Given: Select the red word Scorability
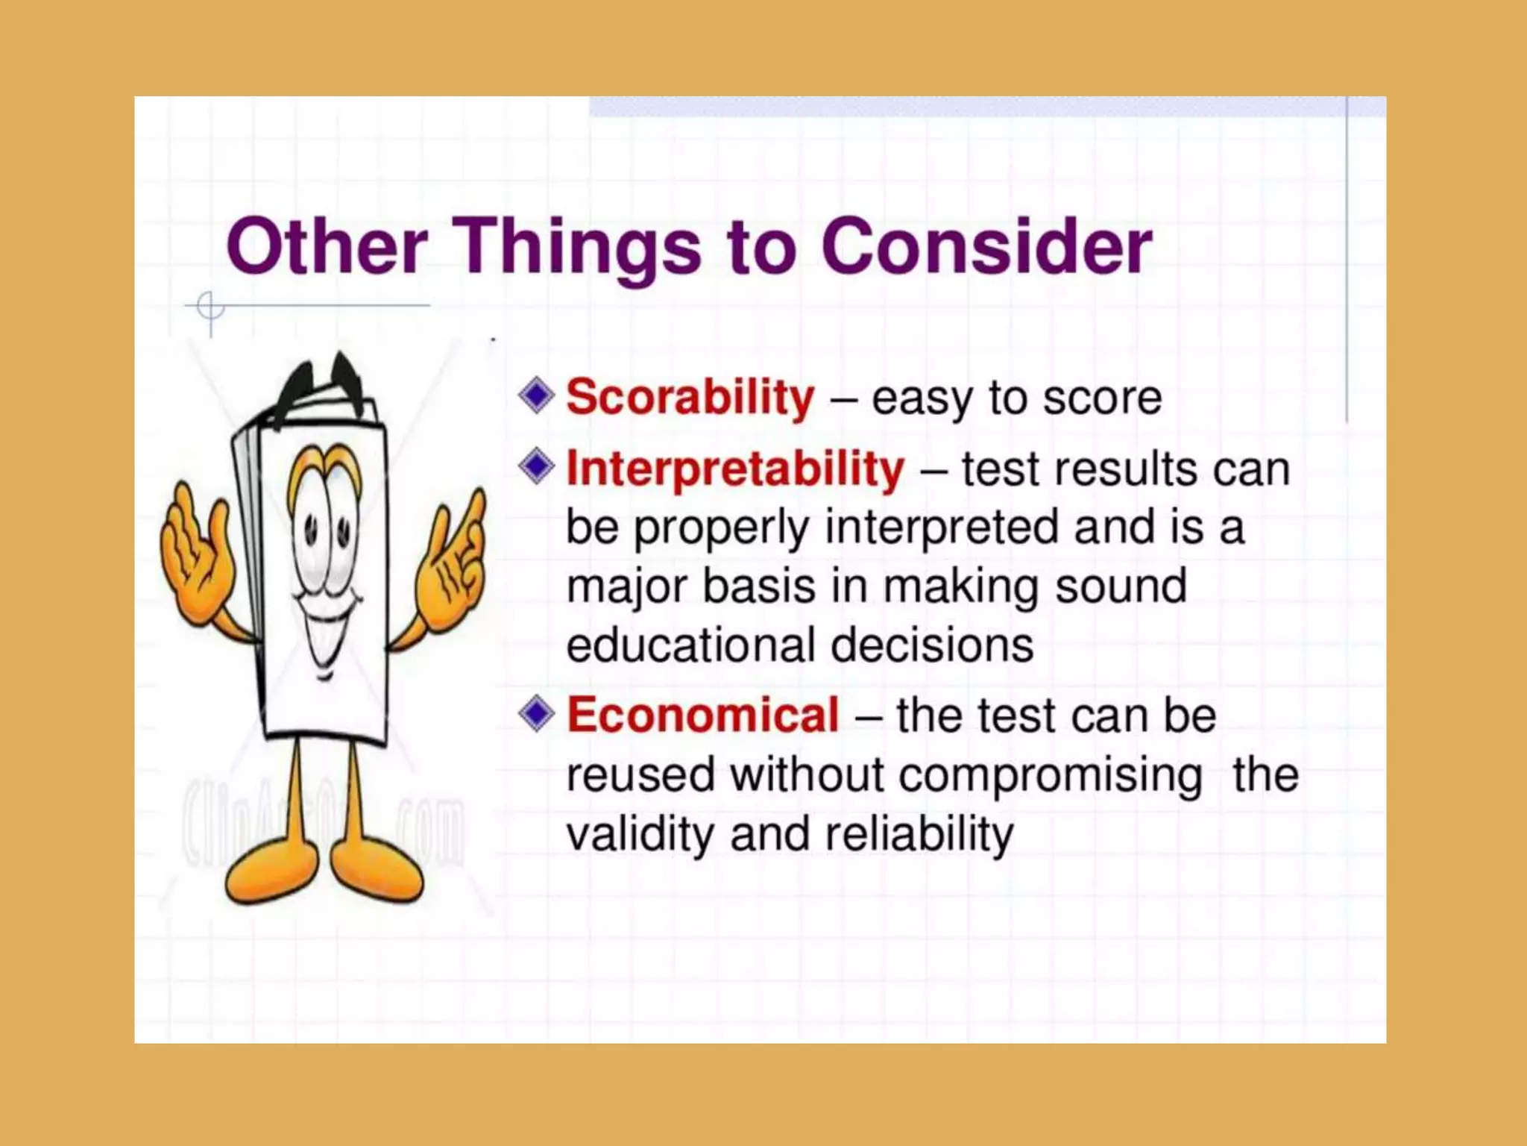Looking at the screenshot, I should pos(690,397).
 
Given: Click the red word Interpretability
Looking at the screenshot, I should pos(735,469).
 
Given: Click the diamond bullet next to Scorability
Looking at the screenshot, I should pos(536,395).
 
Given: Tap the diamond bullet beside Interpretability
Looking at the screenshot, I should pos(536,467).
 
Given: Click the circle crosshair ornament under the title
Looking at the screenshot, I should pos(210,307).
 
